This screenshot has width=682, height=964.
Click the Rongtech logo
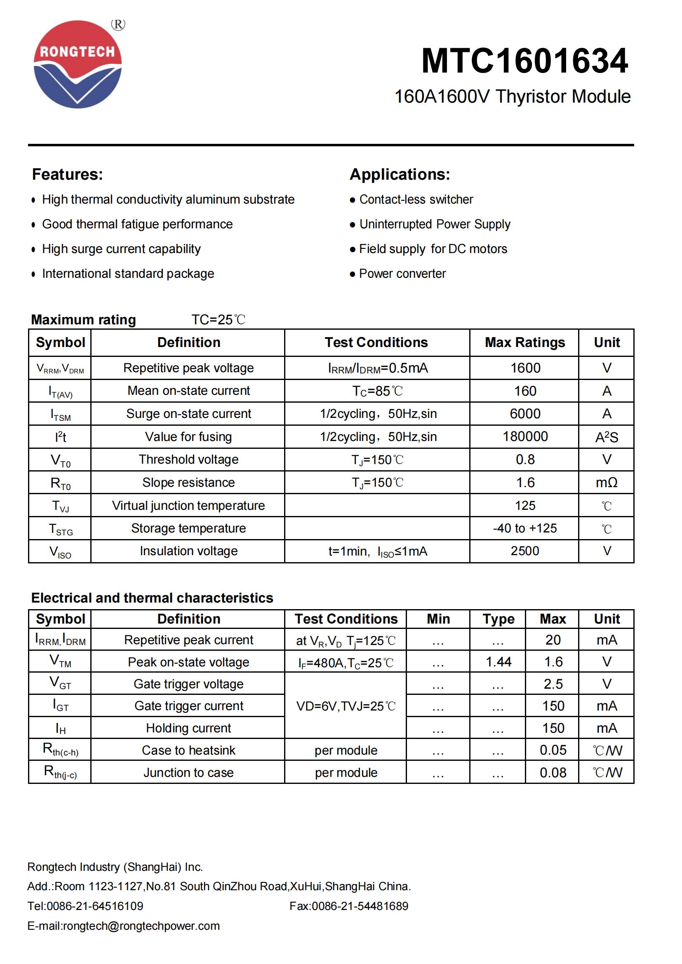[x=78, y=64]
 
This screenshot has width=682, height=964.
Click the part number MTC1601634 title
[x=524, y=61]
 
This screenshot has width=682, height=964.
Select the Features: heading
[x=68, y=174]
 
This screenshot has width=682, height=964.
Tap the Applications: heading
[x=400, y=174]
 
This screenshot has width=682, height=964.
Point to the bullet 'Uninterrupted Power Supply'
[x=435, y=224]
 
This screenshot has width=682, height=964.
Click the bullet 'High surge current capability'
[x=121, y=249]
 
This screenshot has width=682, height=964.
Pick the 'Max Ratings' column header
[x=524, y=342]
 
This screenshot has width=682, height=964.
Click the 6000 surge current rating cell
[x=525, y=414]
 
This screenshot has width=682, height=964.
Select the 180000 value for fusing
[x=525, y=436]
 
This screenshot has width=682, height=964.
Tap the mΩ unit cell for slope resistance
[x=607, y=483]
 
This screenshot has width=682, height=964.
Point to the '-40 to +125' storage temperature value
[x=525, y=528]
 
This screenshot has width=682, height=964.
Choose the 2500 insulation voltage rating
[x=525, y=551]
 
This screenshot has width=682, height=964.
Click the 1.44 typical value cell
[x=498, y=662]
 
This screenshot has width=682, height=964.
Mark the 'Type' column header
[x=498, y=619]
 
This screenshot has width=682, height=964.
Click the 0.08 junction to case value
[x=553, y=772]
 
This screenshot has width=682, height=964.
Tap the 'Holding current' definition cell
[x=188, y=728]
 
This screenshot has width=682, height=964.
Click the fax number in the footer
[x=348, y=906]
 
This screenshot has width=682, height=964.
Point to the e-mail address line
[x=123, y=926]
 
